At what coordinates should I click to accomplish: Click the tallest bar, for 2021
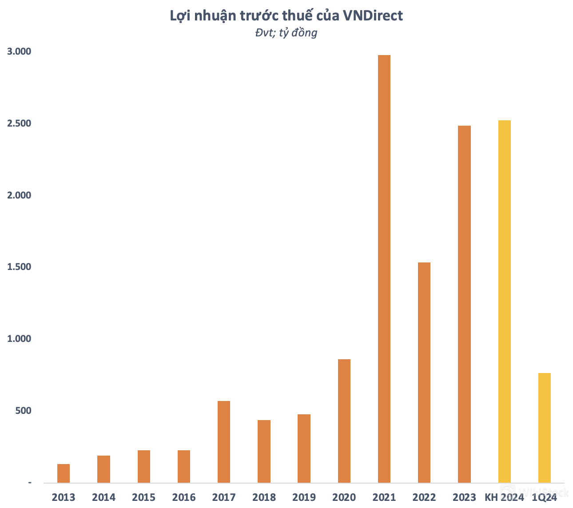(384, 269)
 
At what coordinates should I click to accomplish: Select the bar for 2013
(64, 473)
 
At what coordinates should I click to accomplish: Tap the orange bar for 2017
(224, 442)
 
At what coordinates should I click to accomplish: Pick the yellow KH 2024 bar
(504, 302)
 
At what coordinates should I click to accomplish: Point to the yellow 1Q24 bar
(545, 428)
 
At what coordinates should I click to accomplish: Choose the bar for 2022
(424, 373)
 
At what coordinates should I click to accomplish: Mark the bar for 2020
(344, 421)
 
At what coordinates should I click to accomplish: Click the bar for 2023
(464, 304)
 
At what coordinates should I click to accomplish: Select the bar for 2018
(264, 451)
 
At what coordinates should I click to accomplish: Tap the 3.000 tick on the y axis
(19, 52)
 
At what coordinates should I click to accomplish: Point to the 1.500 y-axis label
(19, 267)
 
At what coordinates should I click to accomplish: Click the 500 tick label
(23, 411)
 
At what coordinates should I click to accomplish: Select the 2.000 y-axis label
(19, 195)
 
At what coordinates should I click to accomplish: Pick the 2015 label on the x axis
(144, 497)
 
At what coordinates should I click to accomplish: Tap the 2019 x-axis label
(304, 497)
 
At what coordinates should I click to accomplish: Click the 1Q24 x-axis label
(545, 497)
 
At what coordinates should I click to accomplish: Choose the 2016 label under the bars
(184, 497)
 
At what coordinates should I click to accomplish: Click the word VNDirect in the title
(372, 16)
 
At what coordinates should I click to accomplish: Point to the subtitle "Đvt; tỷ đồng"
(286, 33)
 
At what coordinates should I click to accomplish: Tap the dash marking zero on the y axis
(30, 483)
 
